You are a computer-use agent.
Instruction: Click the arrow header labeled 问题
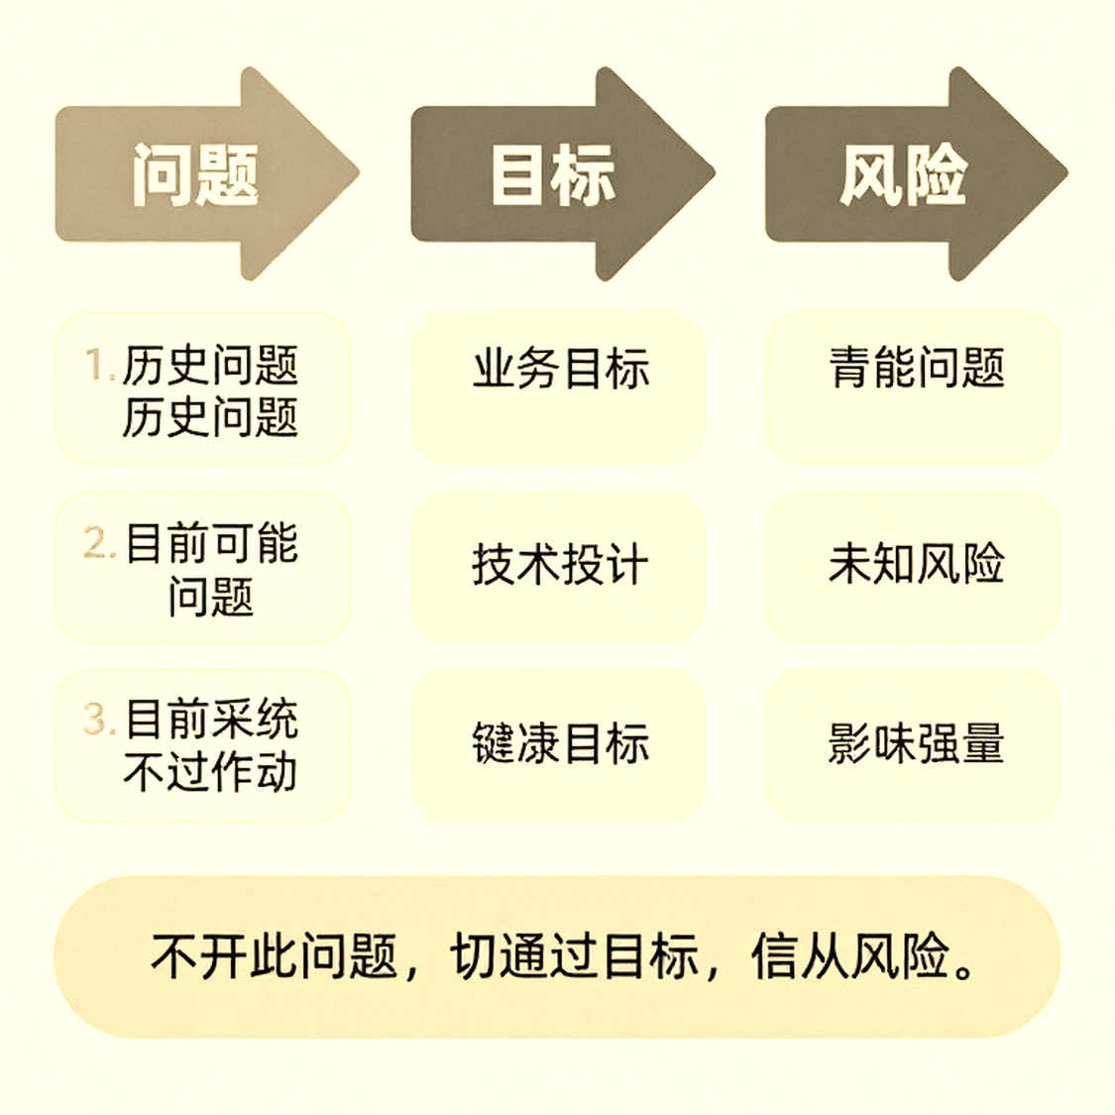(206, 173)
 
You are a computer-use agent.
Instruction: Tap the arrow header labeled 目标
(562, 173)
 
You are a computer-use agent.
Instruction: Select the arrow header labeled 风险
(916, 173)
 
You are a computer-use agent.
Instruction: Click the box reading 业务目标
(557, 389)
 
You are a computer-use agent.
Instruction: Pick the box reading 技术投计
(557, 568)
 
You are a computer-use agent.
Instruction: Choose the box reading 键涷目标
(557, 745)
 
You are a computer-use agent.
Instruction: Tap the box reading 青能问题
(913, 389)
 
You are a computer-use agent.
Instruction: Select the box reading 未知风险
(913, 568)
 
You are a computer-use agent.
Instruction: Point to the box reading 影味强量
(913, 745)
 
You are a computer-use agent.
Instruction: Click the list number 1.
(99, 365)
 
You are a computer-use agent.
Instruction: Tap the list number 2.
(99, 542)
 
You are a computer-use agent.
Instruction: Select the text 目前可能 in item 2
(212, 542)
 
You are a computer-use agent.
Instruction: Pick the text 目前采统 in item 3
(212, 719)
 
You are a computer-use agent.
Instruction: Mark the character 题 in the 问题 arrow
(228, 174)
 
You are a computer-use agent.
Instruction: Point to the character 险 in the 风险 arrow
(936, 174)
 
